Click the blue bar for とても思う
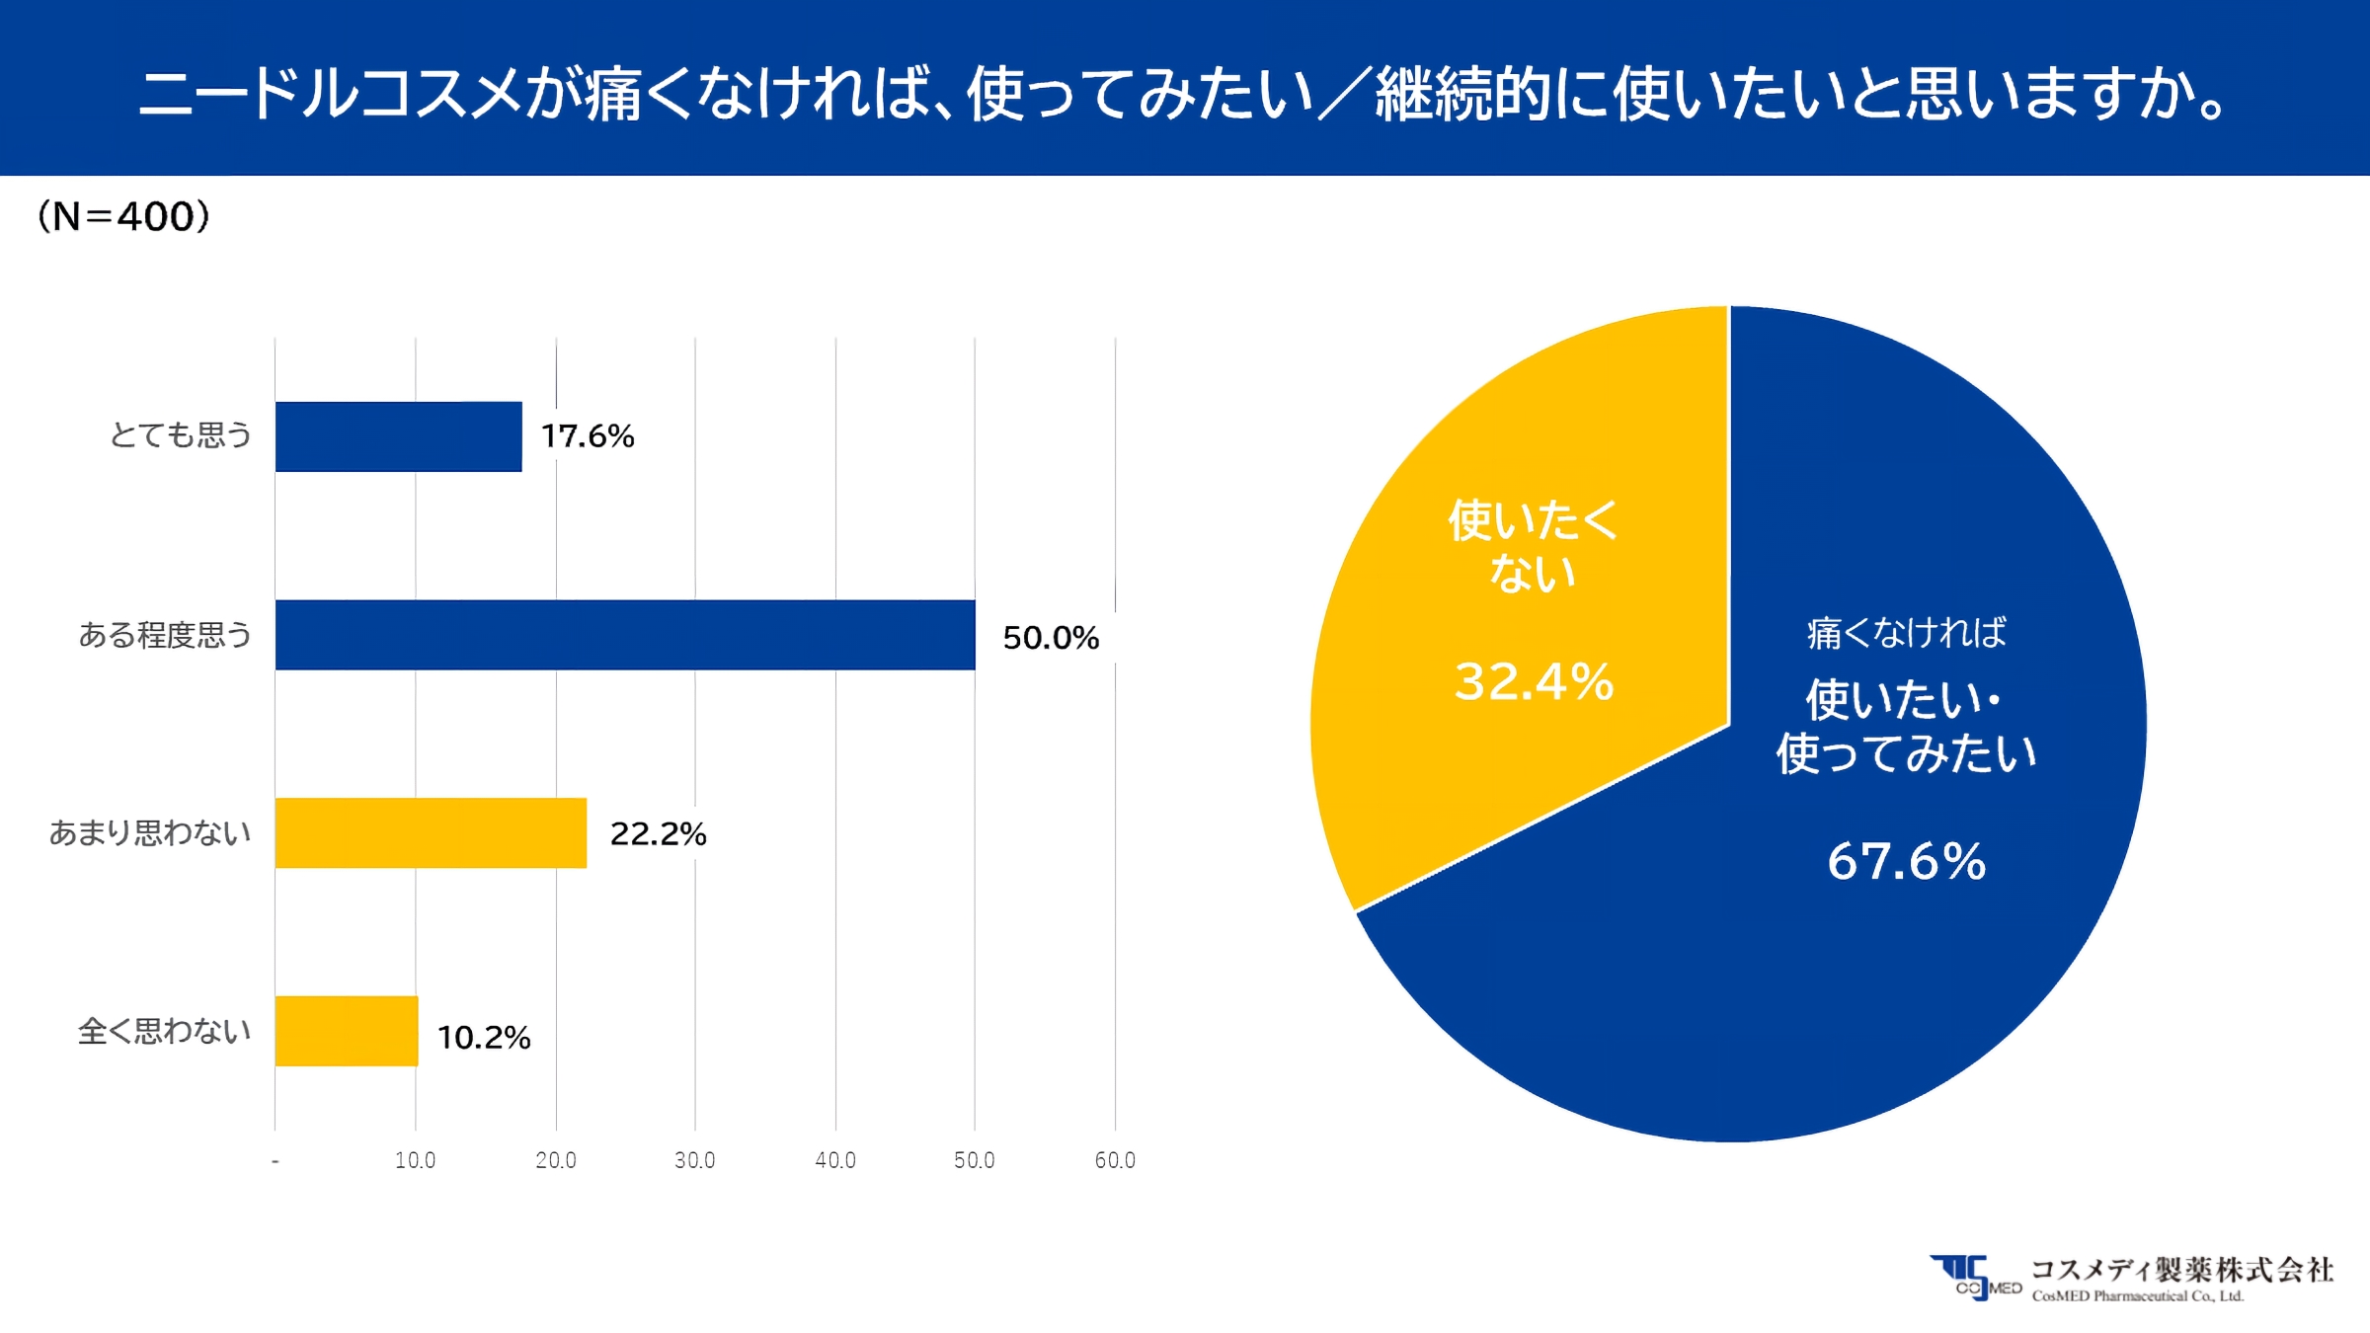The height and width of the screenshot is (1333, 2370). point(398,436)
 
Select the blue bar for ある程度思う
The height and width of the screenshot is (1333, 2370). point(624,635)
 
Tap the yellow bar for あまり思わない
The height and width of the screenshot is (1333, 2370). point(431,832)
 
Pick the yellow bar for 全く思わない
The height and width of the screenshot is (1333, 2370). point(346,1031)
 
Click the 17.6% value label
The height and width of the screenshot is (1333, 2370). point(588,436)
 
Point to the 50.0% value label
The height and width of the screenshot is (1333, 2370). point(1051,638)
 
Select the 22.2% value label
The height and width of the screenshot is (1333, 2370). point(658,834)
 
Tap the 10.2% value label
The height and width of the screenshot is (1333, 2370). point(484,1038)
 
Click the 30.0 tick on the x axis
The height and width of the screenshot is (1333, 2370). point(694,1160)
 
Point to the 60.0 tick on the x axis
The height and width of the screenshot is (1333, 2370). point(1115,1160)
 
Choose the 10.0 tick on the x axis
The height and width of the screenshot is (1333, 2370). point(415,1160)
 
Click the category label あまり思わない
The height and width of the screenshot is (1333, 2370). point(150,832)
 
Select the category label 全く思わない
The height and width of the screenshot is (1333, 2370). point(164,1031)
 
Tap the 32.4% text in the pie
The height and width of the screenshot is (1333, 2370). point(1534,682)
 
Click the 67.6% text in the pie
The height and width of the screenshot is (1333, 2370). point(1906,861)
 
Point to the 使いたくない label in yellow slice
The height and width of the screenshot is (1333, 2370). point(1533,546)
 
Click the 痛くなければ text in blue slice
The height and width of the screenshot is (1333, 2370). point(1906,633)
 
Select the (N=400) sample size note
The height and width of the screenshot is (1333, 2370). point(123,216)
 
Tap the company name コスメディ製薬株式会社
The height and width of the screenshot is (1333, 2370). point(2181,1269)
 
